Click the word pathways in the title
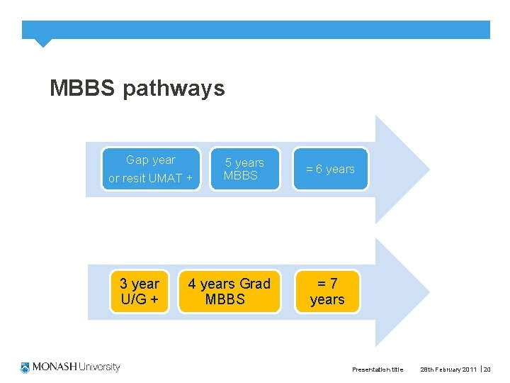click(x=174, y=89)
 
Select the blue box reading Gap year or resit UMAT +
click(x=150, y=169)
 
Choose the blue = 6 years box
click(x=330, y=169)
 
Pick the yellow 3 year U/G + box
click(x=140, y=292)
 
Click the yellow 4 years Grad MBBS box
click(x=229, y=292)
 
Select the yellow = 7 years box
click(x=327, y=292)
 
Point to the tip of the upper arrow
click(x=428, y=169)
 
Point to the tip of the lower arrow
click(x=428, y=292)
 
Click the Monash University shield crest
click(x=26, y=367)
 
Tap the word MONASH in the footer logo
click(x=54, y=367)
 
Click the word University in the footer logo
click(x=99, y=367)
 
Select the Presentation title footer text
click(x=378, y=370)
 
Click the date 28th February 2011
click(x=448, y=370)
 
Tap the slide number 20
click(x=487, y=370)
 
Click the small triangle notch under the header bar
click(x=43, y=43)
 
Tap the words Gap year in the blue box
click(x=150, y=160)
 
